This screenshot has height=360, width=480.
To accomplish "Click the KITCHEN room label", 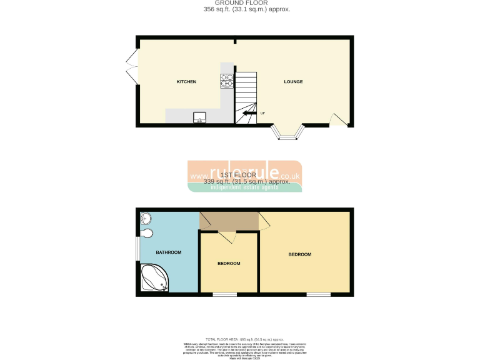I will pos(186,82).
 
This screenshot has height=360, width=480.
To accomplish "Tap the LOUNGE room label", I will pos(293,82).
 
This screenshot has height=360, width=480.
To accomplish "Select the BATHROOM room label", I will pos(168,252).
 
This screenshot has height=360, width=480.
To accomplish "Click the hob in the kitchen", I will pos(226,81).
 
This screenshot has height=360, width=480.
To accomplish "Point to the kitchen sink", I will pos(200,117).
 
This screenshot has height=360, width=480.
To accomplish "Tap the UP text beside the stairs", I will pos(262,113).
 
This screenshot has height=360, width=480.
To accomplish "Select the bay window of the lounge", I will pos(288,134).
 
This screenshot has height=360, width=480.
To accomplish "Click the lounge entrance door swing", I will pos(338,119).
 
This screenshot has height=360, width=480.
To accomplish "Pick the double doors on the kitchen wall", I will pos(132,69).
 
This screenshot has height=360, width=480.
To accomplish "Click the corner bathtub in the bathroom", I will pos(154,278).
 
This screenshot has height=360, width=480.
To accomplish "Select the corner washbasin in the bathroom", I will pos(145,217).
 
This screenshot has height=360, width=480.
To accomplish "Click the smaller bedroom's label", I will pos(229,264).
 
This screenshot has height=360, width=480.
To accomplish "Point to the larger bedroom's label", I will pos(299,254).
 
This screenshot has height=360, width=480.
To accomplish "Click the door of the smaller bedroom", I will pos(227,237).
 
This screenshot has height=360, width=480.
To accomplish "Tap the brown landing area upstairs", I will pos(229,221).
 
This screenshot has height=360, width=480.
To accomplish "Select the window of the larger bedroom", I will pos(318,294).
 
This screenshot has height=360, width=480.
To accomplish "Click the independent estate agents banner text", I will pos(246,186).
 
